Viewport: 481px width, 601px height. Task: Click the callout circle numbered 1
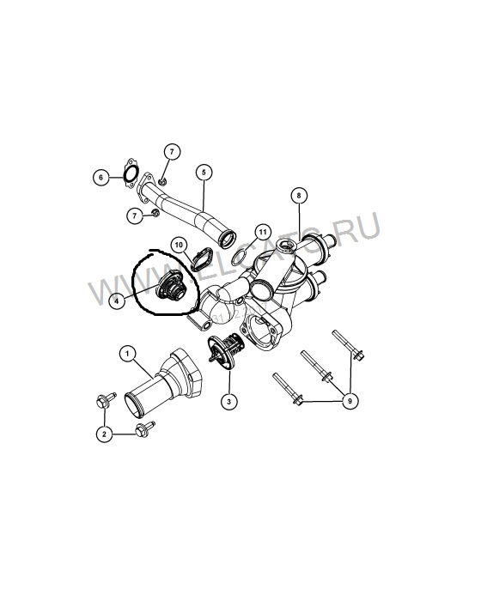tap(127, 354)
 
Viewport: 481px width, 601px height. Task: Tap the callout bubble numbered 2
tap(104, 434)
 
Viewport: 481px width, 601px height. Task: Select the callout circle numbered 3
tap(229, 401)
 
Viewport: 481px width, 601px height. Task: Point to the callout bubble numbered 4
tap(118, 300)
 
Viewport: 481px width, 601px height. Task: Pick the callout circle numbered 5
tap(204, 173)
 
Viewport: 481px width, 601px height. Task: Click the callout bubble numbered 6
tap(101, 178)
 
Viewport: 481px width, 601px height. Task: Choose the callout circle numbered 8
tap(299, 196)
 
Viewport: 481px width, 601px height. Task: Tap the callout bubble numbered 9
tap(350, 401)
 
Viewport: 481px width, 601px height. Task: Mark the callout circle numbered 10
tap(180, 244)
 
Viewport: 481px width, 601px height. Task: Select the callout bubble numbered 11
tap(262, 233)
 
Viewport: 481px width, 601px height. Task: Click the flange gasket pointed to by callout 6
tap(130, 173)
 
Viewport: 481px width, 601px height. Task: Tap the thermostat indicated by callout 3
tap(223, 350)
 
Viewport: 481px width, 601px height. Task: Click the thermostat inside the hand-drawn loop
tap(171, 286)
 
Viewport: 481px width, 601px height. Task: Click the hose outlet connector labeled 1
tap(163, 383)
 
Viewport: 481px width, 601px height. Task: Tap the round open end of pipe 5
tap(227, 239)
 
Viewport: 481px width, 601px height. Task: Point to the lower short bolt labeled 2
tap(144, 429)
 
